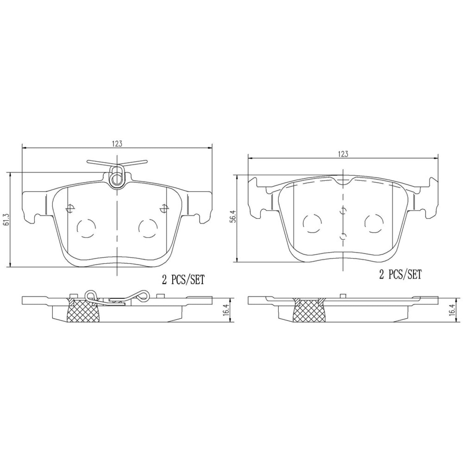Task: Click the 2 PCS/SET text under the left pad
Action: coord(183,280)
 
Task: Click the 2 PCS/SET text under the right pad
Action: coord(400,275)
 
